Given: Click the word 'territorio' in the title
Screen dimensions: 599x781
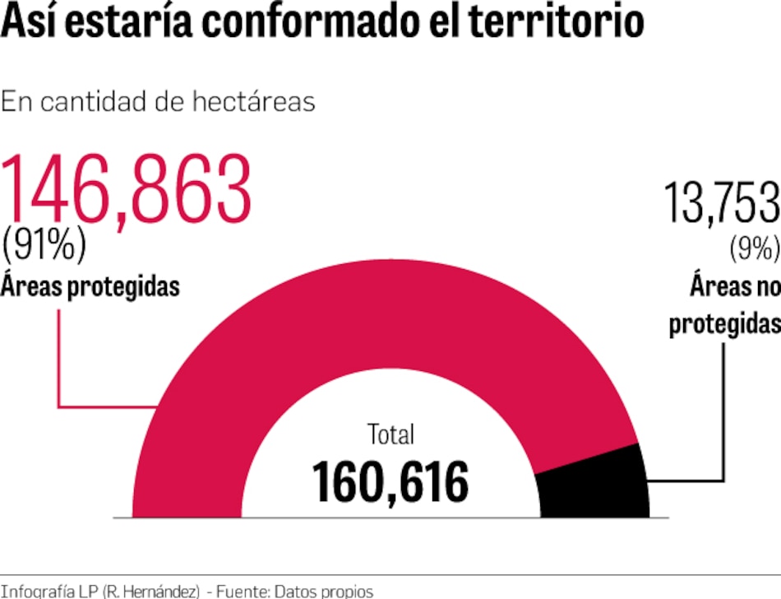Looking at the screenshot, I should pos(557,22).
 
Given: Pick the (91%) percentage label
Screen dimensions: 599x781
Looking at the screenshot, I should pos(44,244).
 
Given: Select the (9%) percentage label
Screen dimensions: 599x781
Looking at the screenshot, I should pos(754,246).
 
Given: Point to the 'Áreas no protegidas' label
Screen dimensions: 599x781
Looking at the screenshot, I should pos(724,304).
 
